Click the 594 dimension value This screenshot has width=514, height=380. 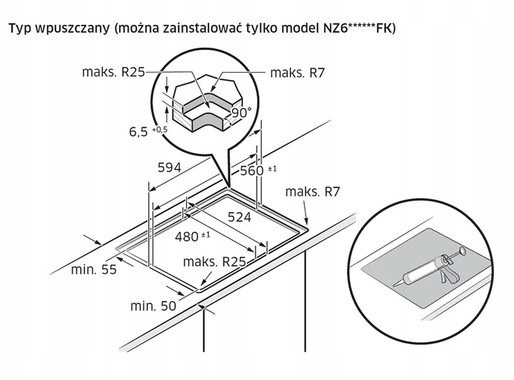pos(170,166)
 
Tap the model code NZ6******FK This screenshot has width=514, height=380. pos(362,29)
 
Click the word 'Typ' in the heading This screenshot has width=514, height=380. pos(20,29)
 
